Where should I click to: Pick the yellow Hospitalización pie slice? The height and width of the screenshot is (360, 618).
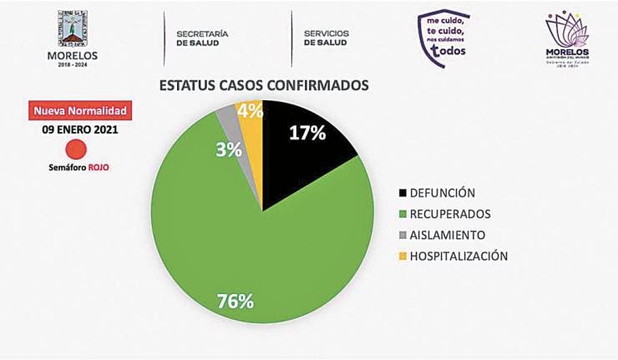250,125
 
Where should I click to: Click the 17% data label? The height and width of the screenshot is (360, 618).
306,133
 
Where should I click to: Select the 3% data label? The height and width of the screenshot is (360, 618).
228,150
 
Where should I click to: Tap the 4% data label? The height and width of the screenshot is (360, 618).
250,111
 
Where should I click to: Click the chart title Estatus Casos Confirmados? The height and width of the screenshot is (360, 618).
264,85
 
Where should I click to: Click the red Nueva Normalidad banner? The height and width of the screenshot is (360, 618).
80,110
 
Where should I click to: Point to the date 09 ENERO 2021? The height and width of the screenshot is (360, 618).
80,130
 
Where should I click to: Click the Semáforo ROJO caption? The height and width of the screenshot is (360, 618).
78,167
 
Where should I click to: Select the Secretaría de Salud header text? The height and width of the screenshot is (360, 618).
202,38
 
